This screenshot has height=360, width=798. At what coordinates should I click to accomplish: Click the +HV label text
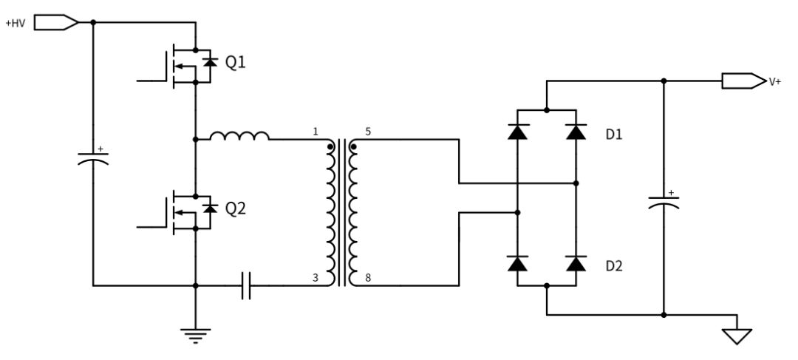[16, 24]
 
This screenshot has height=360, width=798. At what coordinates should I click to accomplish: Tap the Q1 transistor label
[235, 63]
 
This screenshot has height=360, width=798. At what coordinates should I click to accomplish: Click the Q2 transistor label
[235, 208]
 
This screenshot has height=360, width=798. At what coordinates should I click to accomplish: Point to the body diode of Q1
[210, 62]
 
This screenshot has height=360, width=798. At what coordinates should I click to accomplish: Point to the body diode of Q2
[210, 208]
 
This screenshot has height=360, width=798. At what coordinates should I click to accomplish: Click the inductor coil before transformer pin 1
[239, 135]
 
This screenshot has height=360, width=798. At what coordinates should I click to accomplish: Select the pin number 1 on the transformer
[316, 132]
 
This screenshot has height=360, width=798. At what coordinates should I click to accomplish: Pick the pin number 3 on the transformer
[316, 278]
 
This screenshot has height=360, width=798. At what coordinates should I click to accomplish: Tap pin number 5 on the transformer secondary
[368, 132]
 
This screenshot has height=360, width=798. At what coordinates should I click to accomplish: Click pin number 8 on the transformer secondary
[368, 278]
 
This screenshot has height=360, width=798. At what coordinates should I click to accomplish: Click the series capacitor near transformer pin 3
[246, 285]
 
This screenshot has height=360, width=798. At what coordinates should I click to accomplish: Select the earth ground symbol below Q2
[195, 336]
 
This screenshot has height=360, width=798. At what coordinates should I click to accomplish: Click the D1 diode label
[614, 135]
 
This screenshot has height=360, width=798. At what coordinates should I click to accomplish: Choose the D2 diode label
[614, 266]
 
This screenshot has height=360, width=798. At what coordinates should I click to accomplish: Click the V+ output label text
[775, 82]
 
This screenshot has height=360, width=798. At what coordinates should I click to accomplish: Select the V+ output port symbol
[743, 81]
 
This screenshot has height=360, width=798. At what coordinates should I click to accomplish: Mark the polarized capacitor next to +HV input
[93, 158]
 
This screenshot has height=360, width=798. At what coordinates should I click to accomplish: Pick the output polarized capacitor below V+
[664, 202]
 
